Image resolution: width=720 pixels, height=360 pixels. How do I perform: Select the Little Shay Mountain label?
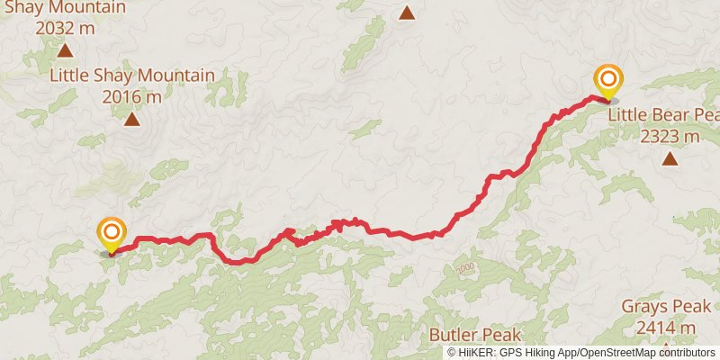click(x=132, y=76)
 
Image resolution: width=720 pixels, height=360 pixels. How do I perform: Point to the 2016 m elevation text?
click(x=132, y=95)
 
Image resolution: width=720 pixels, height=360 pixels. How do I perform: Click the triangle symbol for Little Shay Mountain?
click(x=132, y=119)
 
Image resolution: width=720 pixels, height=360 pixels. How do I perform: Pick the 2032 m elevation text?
click(x=64, y=27)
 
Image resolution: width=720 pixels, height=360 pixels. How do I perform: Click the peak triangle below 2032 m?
click(x=64, y=49)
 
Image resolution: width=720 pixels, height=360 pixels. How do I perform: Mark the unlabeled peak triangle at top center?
click(x=407, y=13)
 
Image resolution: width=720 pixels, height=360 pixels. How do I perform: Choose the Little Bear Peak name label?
click(x=664, y=116)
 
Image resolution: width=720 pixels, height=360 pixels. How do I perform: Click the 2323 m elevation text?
click(x=670, y=137)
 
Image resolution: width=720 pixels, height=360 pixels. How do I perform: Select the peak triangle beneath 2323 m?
click(x=670, y=159)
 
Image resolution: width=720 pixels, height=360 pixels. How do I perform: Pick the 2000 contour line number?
click(x=464, y=269)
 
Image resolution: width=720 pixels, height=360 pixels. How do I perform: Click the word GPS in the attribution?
click(x=515, y=353)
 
